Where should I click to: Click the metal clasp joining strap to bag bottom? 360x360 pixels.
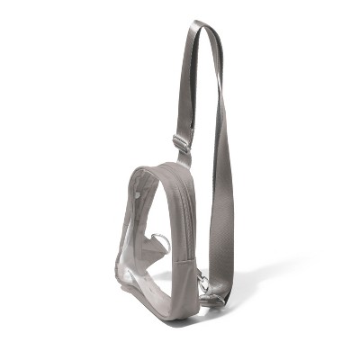[205, 286]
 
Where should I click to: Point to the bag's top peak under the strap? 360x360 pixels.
[171, 167]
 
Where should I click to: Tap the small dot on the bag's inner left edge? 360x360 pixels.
[137, 191]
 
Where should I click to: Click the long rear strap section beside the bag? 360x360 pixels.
[220, 198]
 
